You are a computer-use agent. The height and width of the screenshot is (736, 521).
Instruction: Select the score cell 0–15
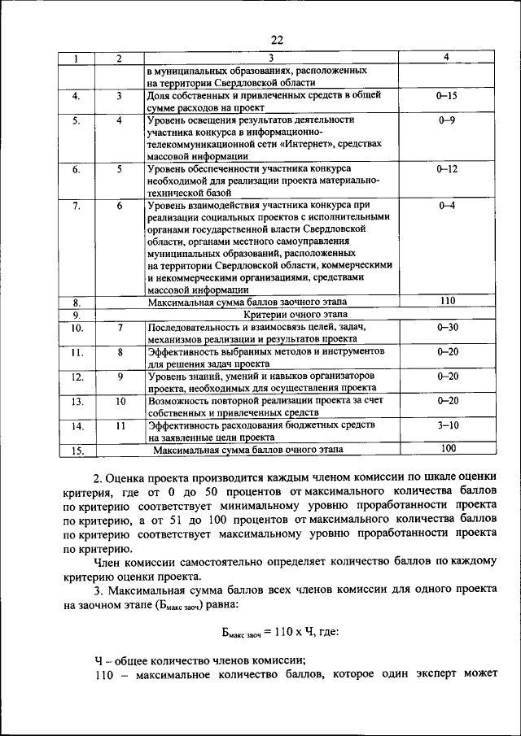pyautogui.click(x=446, y=95)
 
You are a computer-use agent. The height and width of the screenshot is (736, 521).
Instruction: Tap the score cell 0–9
pyautogui.click(x=446, y=120)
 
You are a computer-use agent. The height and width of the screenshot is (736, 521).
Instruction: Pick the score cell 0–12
pyautogui.click(x=447, y=168)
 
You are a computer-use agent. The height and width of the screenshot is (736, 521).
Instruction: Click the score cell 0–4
pyautogui.click(x=446, y=206)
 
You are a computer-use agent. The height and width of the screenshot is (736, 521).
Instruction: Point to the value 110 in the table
pyautogui.click(x=447, y=300)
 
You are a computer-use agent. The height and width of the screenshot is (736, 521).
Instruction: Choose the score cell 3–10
pyautogui.click(x=448, y=425)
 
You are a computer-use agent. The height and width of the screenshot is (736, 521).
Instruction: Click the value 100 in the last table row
pyautogui.click(x=448, y=448)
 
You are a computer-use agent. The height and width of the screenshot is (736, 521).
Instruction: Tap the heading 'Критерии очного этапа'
pyautogui.click(x=293, y=313)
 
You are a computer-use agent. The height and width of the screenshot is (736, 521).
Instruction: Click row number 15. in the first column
pyautogui.click(x=78, y=450)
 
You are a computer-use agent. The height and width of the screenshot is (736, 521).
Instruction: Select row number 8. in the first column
pyautogui.click(x=77, y=302)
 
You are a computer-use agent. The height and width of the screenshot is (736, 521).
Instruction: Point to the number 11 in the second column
pyautogui.click(x=120, y=425)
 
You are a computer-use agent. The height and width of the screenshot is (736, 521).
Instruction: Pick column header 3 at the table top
pyautogui.click(x=271, y=58)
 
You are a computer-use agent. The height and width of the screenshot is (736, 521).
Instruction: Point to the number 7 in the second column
pyautogui.click(x=119, y=327)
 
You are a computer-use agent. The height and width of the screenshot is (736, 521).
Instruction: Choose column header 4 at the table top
pyautogui.click(x=446, y=58)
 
